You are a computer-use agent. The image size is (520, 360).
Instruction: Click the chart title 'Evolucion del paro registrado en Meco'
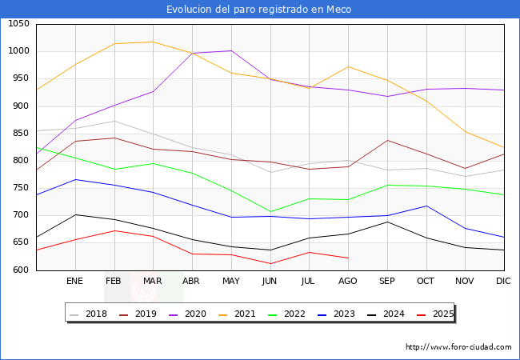click(x=259, y=10)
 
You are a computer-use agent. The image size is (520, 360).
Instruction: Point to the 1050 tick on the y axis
click(x=18, y=24)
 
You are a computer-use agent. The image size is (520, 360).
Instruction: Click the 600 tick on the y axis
click(x=21, y=270)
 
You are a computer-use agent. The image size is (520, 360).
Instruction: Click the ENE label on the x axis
click(x=74, y=282)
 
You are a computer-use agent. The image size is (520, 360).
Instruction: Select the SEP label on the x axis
click(x=387, y=282)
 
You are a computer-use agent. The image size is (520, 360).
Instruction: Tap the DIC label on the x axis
click(x=503, y=282)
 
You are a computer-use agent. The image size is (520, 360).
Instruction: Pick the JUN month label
click(x=270, y=282)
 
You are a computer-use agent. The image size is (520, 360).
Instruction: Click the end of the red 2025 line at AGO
click(x=348, y=258)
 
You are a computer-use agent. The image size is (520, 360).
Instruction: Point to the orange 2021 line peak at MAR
click(x=153, y=42)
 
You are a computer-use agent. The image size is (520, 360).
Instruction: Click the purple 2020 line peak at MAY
click(x=231, y=51)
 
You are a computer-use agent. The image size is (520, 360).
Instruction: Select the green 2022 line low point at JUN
click(x=270, y=212)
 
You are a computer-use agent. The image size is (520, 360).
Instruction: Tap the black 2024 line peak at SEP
click(x=387, y=222)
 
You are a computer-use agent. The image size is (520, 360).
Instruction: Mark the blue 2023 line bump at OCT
click(x=426, y=206)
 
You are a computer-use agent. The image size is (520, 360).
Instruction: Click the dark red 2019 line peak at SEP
click(x=387, y=140)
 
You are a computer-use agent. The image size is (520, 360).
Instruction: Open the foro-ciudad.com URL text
click(x=458, y=347)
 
